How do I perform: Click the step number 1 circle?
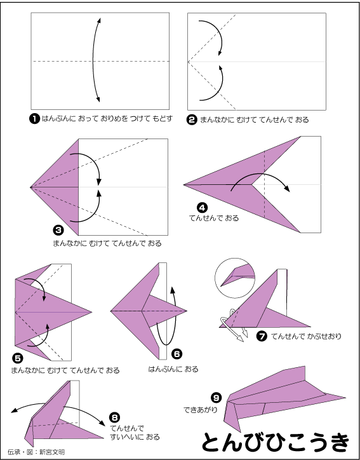pos(34,119)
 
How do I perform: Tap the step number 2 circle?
pos(192,120)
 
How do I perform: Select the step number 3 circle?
pos(58,230)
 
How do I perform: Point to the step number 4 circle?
pos(203,208)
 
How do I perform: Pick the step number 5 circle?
pos(17,358)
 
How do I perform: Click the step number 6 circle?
pos(177,354)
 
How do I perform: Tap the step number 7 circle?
pos(262,336)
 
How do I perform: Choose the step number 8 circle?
pos(114,417)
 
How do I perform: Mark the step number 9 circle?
pos(217,398)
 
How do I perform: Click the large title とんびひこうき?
pos(276,442)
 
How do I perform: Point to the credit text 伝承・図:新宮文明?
pos(36,452)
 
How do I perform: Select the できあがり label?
pos(201,410)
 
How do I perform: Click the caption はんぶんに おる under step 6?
pos(173,369)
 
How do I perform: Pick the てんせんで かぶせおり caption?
pos(307,336)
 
